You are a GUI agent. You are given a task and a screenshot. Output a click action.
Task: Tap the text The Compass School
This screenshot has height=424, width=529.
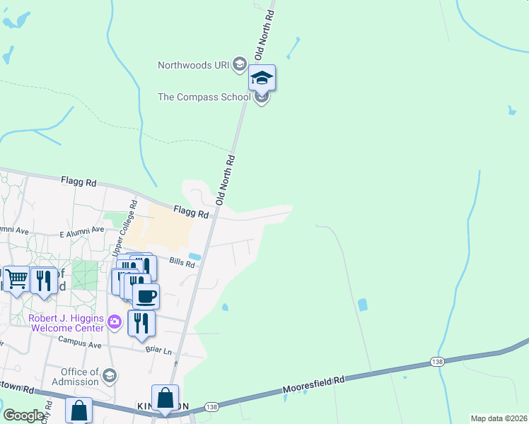coord(204,97)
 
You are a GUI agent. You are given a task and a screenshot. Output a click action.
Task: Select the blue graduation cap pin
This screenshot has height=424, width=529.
coord(262,78)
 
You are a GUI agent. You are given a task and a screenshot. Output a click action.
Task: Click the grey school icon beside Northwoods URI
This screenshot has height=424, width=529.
coord(239,65)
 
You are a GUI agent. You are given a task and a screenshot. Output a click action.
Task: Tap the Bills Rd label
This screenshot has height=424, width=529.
coord(182,261)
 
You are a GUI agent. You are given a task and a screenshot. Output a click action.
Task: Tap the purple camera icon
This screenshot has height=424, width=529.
coord(114,324)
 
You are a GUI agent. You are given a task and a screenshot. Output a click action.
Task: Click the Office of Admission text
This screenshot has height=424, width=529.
coord(79,377)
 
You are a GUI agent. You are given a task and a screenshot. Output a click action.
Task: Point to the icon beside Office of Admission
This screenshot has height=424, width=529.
coord(109,376)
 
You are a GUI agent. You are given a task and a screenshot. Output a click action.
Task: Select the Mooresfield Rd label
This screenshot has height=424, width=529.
coord(313,384)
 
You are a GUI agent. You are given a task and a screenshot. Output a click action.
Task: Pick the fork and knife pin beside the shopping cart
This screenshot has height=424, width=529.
coord(44,280)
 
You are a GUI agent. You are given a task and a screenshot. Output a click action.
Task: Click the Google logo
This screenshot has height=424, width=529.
coord(23,415)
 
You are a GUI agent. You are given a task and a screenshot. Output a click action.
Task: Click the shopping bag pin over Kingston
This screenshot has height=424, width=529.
coord(165,398)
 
